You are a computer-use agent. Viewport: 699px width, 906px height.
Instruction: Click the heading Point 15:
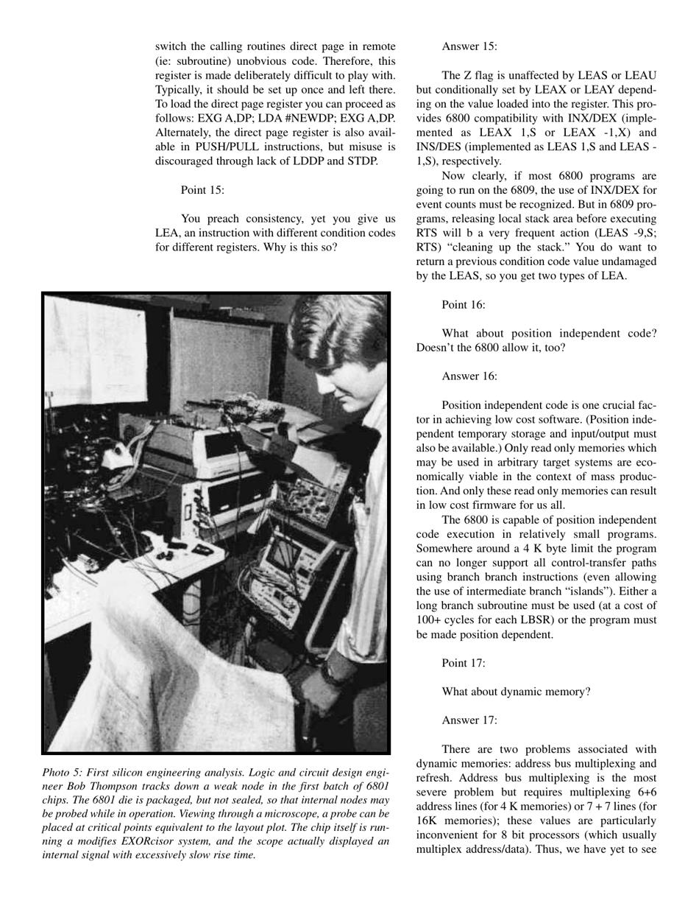(202, 190)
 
